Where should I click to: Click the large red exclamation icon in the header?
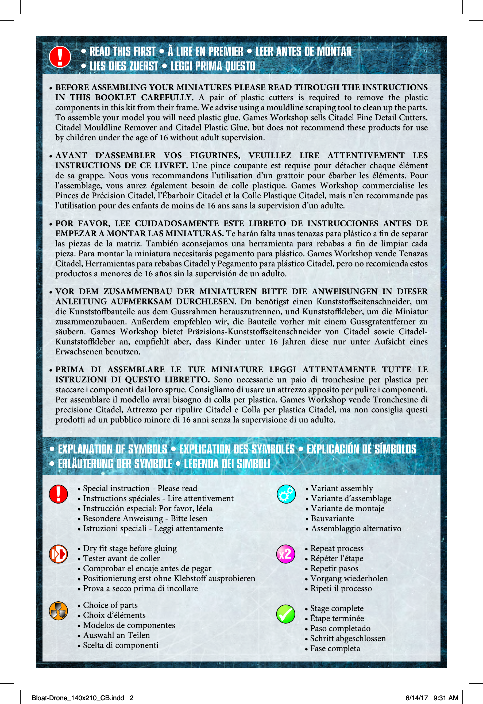coord(60,57)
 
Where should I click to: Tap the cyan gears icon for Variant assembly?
coord(286,494)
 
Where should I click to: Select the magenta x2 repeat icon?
coord(285,554)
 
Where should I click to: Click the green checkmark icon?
coord(285,614)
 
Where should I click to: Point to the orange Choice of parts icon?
coord(59,611)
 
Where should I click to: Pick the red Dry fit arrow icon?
coord(59,554)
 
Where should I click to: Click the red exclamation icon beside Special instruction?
coord(59,494)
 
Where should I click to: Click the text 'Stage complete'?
coord(337,608)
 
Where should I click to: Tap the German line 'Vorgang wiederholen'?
coord(349,578)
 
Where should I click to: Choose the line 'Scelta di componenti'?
coord(121,645)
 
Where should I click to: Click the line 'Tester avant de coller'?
coord(121,558)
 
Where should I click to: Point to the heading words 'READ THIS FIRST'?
coord(122,52)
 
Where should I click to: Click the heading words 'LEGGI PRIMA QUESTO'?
coord(213,66)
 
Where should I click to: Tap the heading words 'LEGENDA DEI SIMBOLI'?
coord(227,464)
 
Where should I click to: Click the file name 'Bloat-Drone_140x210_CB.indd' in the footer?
coord(78,698)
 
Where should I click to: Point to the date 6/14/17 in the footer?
coord(417,698)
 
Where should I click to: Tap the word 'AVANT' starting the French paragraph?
coord(71,155)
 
